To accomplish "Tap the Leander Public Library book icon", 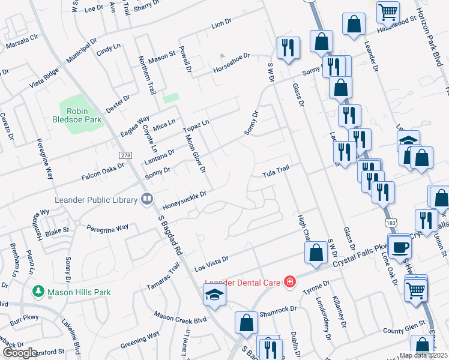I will point(146,199).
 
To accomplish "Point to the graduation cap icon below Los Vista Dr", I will point(213,295).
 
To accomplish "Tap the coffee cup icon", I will point(400,246).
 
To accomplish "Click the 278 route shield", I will point(125,155).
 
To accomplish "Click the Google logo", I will point(20,353).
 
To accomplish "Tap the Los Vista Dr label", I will point(212,262).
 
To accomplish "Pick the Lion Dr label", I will point(221,25).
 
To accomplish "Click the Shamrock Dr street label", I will point(278,310).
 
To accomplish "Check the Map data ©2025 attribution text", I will point(424,355).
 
